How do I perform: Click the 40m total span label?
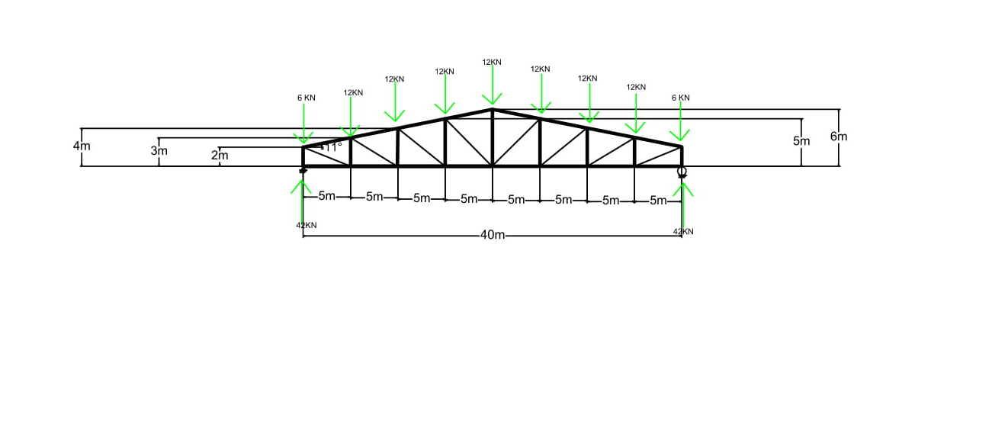point(493,235)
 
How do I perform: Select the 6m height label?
point(839,137)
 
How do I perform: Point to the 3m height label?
point(159,151)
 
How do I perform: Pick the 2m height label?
point(220,156)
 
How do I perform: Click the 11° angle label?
point(332,146)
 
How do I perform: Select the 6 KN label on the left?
point(306,98)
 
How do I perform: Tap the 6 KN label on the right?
point(681,98)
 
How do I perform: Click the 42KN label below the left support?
point(306,225)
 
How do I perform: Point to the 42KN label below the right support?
point(683,231)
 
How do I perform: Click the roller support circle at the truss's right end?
point(682,172)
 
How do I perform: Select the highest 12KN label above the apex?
point(492,62)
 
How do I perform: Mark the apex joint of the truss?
point(493,110)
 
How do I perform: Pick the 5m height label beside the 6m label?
point(801,141)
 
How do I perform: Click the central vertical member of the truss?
point(493,138)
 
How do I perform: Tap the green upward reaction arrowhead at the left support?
point(302,185)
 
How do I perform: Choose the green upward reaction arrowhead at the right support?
point(683,188)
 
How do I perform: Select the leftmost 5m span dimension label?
point(326,196)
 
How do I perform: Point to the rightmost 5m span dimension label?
point(659,201)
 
